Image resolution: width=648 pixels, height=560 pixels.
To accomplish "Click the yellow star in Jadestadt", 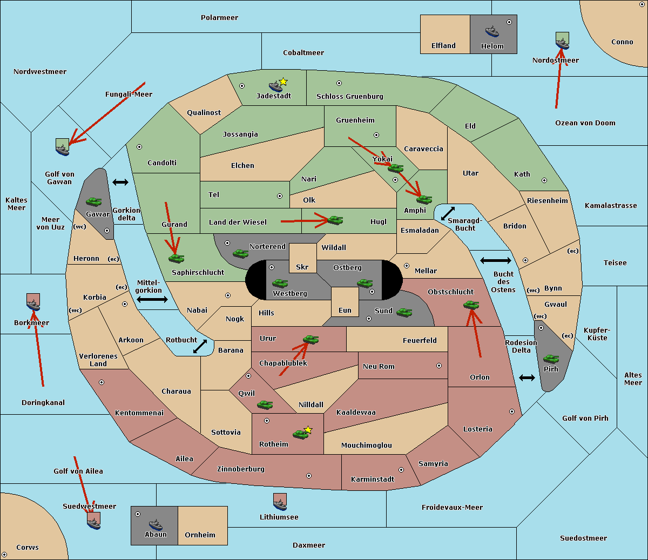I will click(283, 82).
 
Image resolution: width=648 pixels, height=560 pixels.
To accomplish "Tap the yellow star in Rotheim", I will click(308, 430).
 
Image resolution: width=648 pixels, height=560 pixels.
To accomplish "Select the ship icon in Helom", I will click(491, 31).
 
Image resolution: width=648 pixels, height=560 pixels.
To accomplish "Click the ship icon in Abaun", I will click(156, 524).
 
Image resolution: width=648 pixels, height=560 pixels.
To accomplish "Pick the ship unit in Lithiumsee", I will click(280, 502).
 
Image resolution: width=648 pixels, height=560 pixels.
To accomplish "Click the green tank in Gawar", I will click(93, 201).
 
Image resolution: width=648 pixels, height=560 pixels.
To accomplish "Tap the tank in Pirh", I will click(551, 359).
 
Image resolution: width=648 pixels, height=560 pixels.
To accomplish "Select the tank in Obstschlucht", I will click(471, 305).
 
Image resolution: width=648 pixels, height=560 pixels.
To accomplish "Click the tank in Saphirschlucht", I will click(176, 258).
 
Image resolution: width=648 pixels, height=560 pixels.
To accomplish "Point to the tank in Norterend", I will click(240, 253).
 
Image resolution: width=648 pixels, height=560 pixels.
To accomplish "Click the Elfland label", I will click(443, 46).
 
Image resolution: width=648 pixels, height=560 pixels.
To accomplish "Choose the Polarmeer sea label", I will click(219, 18).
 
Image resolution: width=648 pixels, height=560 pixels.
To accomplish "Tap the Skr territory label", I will click(302, 267).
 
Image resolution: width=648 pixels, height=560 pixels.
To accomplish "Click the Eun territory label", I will click(345, 311).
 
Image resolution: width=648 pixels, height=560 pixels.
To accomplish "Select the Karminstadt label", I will click(373, 480).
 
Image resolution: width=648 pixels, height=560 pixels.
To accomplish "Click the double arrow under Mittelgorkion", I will click(152, 300).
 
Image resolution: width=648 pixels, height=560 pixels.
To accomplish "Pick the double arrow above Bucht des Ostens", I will click(495, 261).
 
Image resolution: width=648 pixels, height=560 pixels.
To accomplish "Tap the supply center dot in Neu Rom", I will click(439, 366).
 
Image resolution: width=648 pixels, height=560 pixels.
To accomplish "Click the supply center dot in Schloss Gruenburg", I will click(339, 84).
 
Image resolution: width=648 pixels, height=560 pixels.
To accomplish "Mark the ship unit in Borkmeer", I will click(33, 303).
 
